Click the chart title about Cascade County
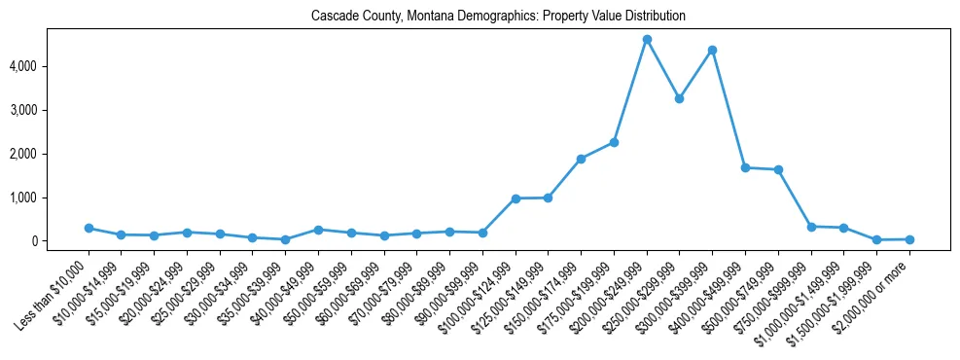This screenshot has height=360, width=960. (498, 17)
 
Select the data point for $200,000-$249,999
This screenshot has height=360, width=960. (647, 40)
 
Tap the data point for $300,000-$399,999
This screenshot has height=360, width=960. (712, 50)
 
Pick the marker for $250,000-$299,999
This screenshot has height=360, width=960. (680, 98)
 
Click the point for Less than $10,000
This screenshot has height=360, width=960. (89, 228)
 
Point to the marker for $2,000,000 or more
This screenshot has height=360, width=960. (909, 239)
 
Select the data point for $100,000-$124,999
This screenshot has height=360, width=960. (516, 198)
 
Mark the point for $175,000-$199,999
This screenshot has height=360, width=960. (614, 142)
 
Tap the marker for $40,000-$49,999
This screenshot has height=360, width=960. (318, 230)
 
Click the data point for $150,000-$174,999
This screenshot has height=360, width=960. (581, 159)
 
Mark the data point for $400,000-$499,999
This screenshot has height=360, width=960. (745, 167)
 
